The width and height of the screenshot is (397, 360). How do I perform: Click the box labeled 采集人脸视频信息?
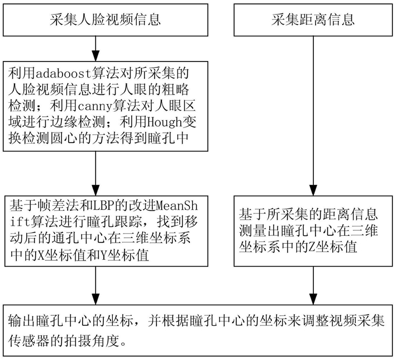pos(106,20)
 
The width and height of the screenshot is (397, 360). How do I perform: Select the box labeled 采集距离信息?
pos(313,20)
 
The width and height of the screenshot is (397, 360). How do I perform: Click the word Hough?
pos(165,123)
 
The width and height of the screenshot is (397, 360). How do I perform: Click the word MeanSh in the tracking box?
pos(176,206)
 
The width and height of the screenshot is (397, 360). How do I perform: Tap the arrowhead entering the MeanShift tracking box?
pos(95,190)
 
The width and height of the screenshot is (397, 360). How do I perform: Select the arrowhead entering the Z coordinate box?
pos(313,190)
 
